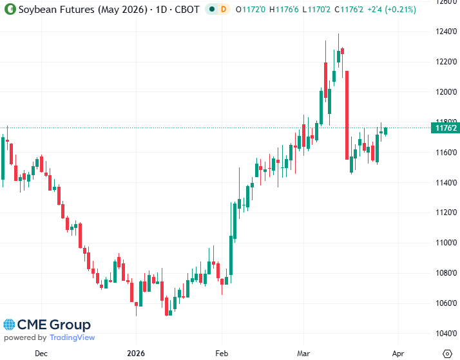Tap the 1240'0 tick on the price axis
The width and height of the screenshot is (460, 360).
click(445, 31)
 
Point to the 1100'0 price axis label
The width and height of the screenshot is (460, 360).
click(445, 242)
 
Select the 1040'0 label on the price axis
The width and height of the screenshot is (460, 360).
click(445, 333)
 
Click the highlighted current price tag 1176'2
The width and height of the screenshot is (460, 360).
click(446, 128)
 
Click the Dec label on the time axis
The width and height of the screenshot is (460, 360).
click(41, 353)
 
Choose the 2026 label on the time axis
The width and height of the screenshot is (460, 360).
click(136, 353)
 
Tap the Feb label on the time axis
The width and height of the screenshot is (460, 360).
click(222, 353)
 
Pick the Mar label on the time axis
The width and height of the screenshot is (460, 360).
click(303, 353)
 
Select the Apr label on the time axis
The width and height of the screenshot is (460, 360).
click(398, 353)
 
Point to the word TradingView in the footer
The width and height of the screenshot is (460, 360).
click(72, 337)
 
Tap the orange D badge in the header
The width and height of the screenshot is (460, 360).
click(224, 9)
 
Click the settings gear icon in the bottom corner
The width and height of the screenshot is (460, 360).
click(447, 353)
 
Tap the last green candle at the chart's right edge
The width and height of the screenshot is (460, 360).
click(386, 131)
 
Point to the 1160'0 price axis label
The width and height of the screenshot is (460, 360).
click(445, 152)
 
